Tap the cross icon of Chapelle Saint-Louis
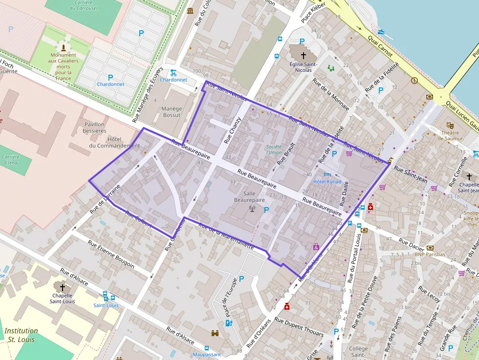(x=63, y=288)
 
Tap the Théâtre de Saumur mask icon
(x=450, y=126)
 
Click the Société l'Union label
(x=274, y=149)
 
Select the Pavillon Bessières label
(x=94, y=127)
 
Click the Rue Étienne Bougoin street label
(x=111, y=253)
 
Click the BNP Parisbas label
(x=430, y=254)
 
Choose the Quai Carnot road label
(x=379, y=47)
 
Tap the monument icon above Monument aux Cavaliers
(x=63, y=47)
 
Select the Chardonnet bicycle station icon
(x=173, y=73)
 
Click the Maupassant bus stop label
(x=207, y=355)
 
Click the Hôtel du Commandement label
(x=114, y=142)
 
